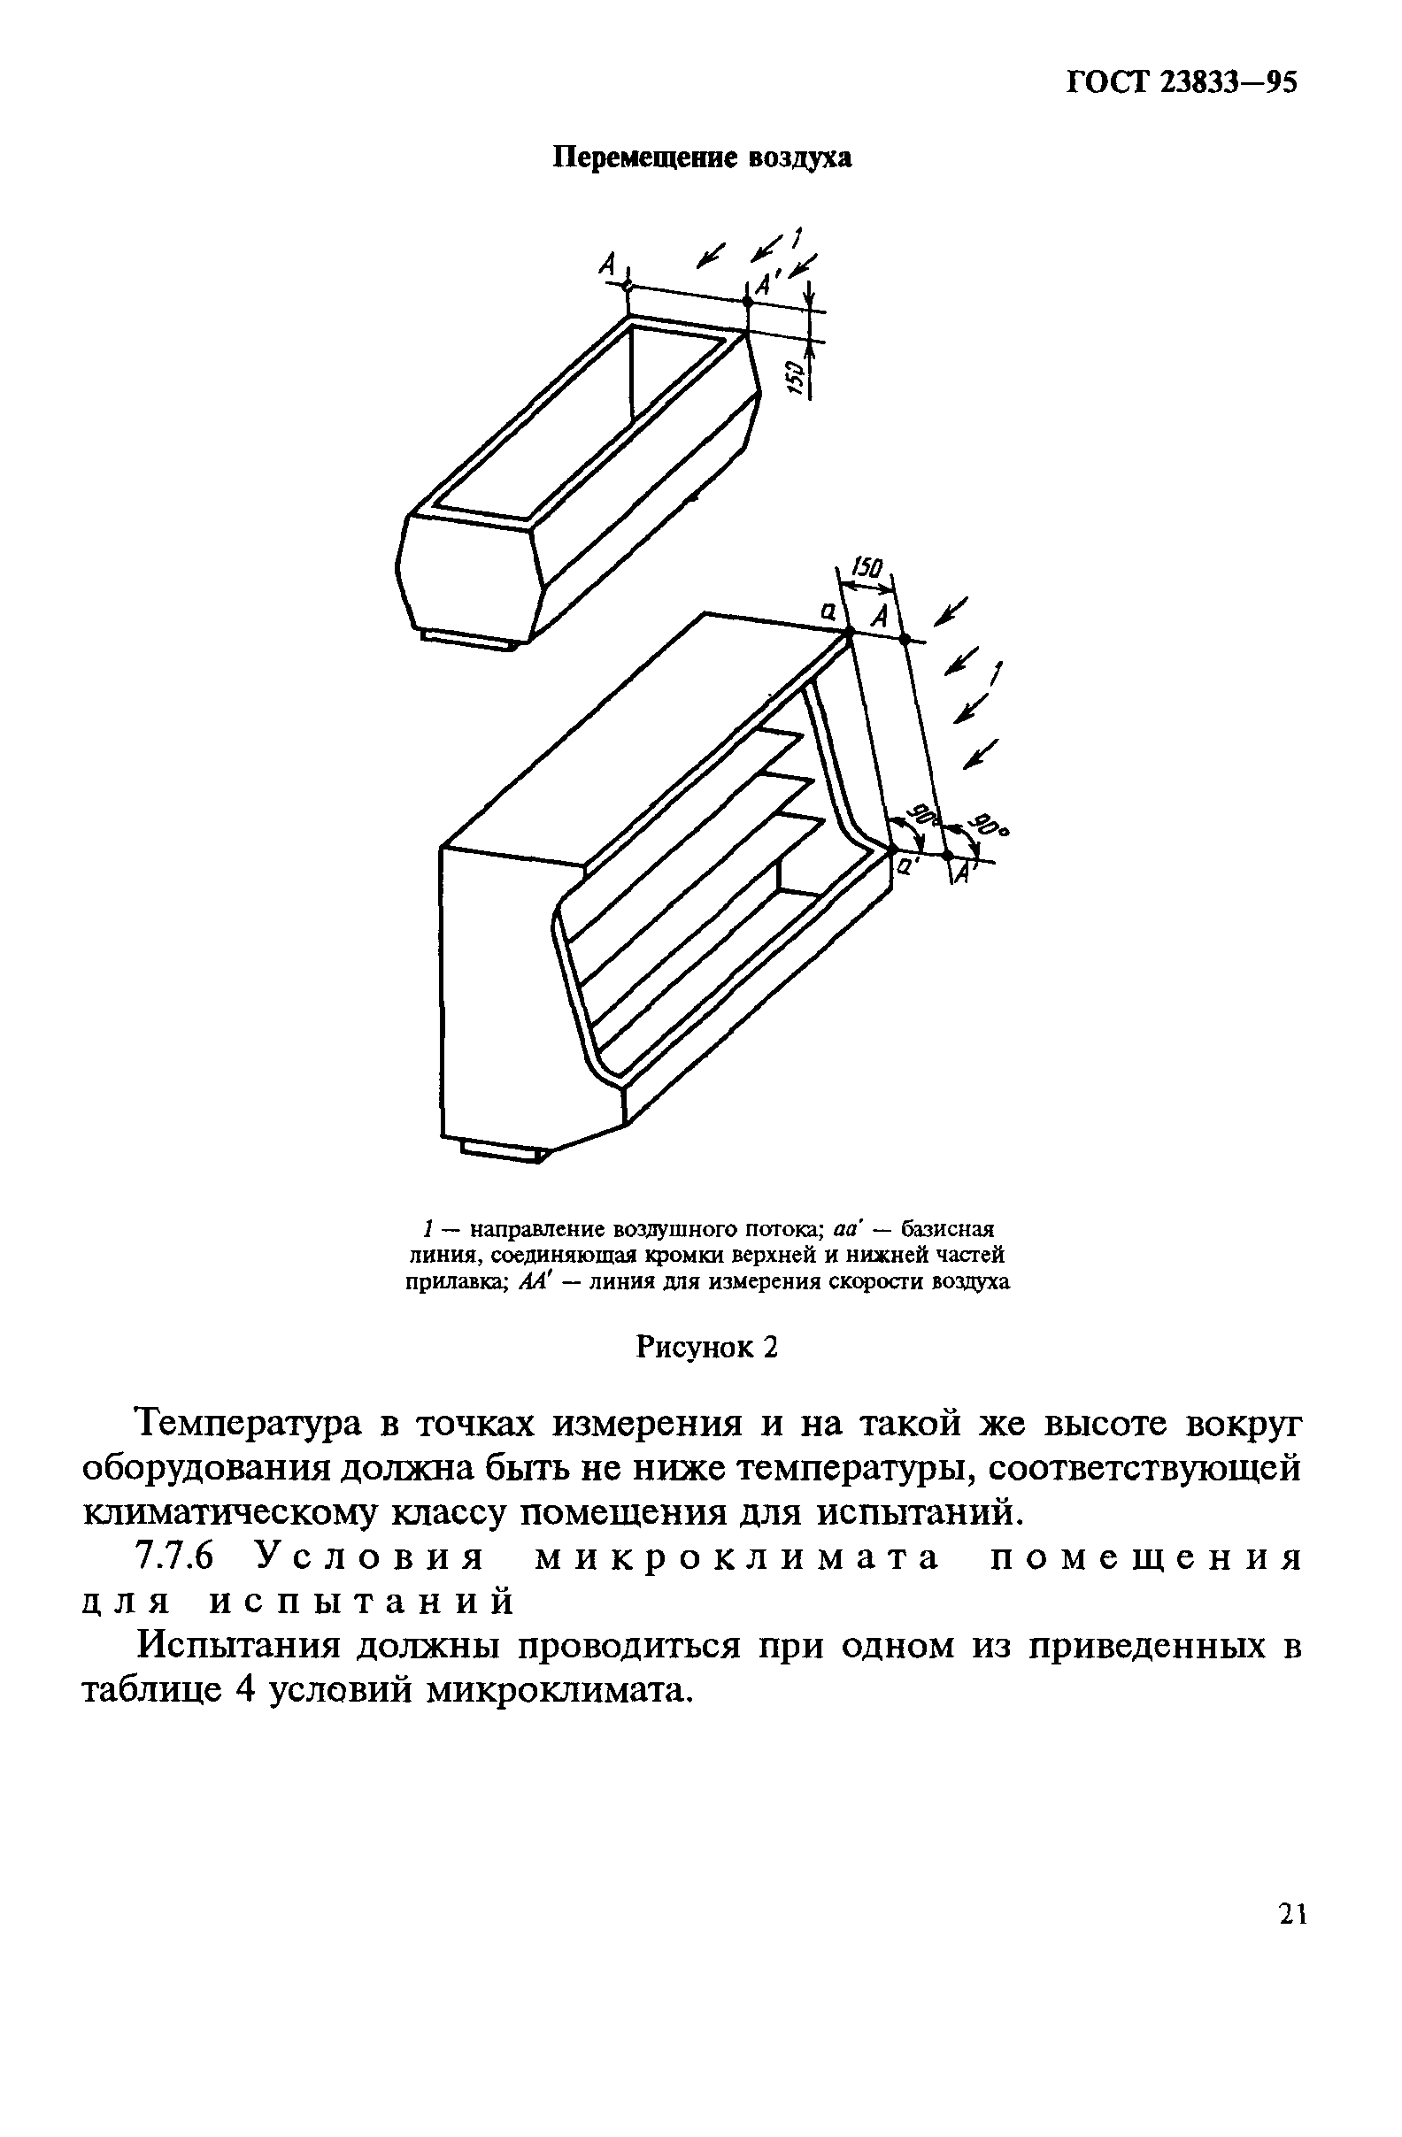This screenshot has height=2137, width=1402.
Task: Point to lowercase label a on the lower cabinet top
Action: click(x=828, y=611)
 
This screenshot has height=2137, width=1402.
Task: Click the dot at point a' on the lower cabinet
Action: click(x=893, y=849)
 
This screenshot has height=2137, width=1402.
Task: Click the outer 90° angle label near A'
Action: click(x=988, y=826)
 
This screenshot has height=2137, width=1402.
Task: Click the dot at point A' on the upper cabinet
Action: click(x=747, y=302)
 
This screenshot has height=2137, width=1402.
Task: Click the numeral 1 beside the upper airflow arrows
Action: click(x=796, y=237)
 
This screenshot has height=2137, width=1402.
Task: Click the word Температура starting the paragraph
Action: click(x=247, y=1424)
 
